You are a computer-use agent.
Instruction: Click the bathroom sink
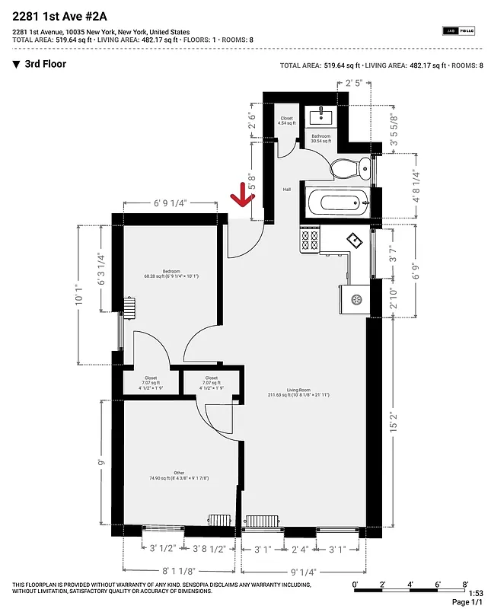320,116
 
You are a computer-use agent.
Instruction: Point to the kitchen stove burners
310,241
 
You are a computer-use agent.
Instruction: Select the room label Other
158,474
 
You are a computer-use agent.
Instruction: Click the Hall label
287,190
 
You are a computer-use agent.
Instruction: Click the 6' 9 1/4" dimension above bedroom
170,203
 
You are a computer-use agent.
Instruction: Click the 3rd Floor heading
45,64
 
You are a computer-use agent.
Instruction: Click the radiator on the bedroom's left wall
129,309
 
